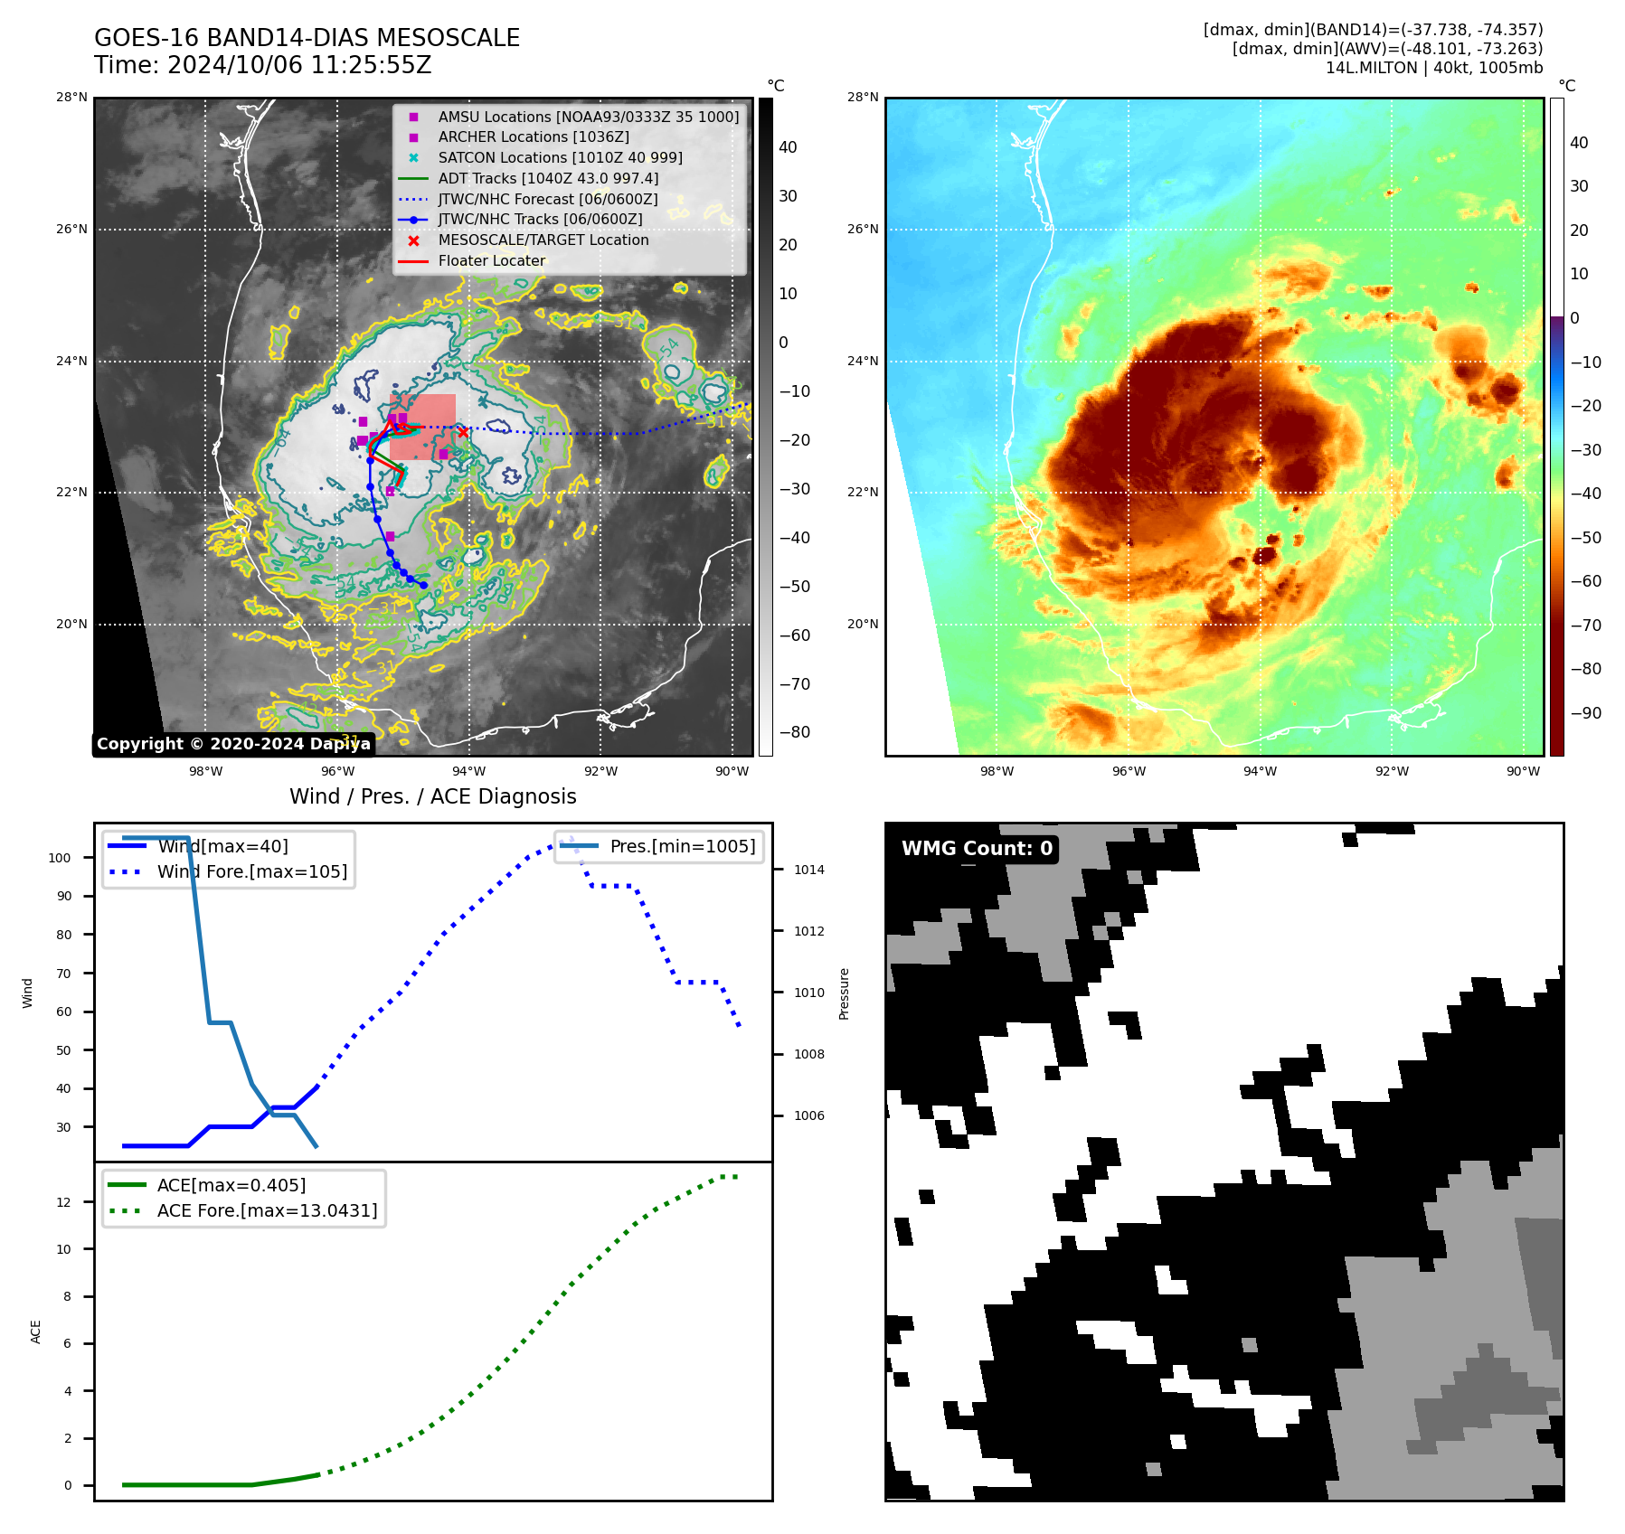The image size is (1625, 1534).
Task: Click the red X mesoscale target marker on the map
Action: click(463, 432)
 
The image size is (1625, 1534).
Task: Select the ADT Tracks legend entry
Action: click(548, 178)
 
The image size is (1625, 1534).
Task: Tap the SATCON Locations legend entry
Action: click(560, 157)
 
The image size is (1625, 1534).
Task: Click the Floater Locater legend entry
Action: click(491, 260)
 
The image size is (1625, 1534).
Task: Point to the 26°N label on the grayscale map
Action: click(72, 230)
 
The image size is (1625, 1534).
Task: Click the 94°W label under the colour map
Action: click(1260, 771)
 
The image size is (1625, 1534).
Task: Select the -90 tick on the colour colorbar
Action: click(1585, 713)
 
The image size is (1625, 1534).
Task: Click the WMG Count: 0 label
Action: click(977, 848)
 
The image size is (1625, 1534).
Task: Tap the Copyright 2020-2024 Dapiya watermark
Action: click(233, 744)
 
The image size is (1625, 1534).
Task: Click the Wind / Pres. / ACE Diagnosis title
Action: click(432, 796)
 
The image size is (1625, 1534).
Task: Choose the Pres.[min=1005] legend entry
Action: click(682, 846)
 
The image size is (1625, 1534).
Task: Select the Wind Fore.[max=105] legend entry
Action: click(251, 871)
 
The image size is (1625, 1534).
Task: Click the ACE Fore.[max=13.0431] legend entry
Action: click(267, 1210)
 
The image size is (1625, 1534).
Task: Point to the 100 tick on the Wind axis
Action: click(60, 858)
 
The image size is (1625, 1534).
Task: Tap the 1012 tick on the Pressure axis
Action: click(808, 931)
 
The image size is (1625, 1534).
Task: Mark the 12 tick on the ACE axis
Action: click(64, 1202)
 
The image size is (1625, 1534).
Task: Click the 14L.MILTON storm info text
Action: click(1433, 68)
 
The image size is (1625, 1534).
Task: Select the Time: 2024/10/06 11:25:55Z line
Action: click(263, 66)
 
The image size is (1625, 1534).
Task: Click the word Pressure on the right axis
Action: click(845, 993)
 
